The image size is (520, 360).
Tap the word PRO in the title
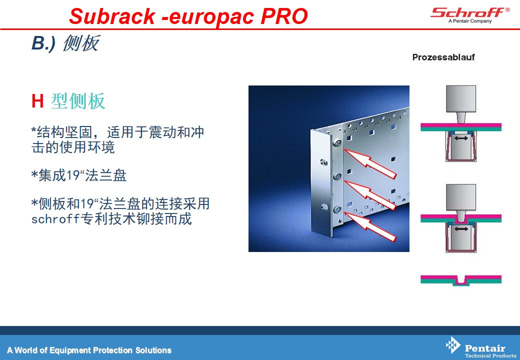tap(284, 16)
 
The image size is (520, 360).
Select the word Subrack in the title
tap(112, 16)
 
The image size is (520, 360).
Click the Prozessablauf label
tap(443, 57)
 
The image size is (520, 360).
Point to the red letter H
tap(37, 101)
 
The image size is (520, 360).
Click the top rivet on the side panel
tap(337, 143)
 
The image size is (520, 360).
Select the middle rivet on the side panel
tap(337, 176)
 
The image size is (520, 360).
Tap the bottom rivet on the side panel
tap(337, 209)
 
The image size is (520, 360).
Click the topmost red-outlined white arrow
tap(370, 162)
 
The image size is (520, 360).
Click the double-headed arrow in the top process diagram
tap(461, 138)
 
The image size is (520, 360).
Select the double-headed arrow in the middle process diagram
tap(461, 228)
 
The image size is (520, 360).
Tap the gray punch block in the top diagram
tap(461, 99)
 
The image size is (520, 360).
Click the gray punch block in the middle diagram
tap(461, 197)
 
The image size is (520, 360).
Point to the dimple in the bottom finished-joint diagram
tap(461, 280)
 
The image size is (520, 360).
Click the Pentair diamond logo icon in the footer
tap(453, 345)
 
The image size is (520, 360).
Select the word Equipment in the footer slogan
tap(70, 350)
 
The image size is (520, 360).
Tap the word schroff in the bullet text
tap(55, 219)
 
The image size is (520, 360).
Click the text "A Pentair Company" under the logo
tap(470, 21)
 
